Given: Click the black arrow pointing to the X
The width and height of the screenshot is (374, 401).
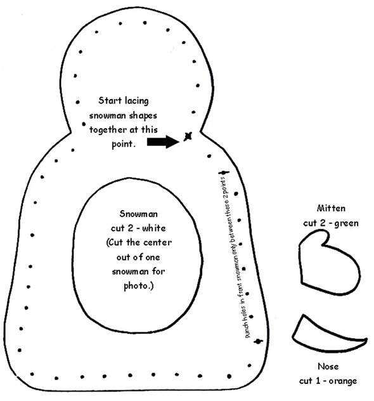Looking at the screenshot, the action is coord(164,141).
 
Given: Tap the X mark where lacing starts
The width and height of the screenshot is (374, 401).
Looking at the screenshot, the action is coord(188,136).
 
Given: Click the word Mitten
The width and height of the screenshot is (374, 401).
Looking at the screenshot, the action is coord(331,208).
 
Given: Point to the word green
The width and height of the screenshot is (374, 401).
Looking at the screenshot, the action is coord(346,223).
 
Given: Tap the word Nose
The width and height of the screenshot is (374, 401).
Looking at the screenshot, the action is coord(328,367).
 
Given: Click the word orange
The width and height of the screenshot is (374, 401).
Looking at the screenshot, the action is coord(342,381).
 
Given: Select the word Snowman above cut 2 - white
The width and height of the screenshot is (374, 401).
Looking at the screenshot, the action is coord(138,214).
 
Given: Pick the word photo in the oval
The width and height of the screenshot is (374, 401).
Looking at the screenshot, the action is coord(138,286).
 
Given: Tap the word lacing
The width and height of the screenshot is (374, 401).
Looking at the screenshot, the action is coord(137,101).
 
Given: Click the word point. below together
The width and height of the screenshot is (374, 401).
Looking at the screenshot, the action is coord(123,145).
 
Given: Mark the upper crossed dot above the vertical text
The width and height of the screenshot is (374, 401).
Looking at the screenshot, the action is coord(224,173).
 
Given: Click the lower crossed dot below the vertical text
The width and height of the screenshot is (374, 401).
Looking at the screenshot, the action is coord(258,341).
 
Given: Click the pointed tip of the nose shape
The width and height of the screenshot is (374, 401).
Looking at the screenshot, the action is coord(366,339).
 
